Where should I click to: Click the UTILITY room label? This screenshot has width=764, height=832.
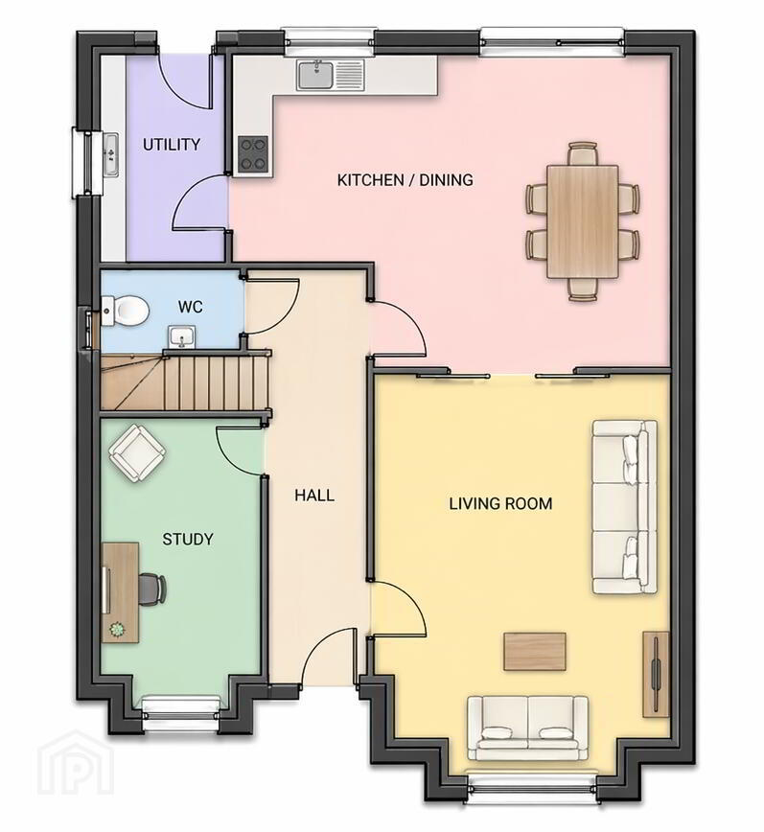[172, 145]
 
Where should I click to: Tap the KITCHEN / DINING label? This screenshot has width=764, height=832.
[405, 180]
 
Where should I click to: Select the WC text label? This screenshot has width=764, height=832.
[191, 307]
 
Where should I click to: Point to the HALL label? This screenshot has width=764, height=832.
[314, 496]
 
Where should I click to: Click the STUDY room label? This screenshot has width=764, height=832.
[188, 539]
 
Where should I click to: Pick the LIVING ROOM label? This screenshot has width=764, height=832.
[500, 503]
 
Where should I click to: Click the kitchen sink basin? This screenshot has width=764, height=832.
[315, 75]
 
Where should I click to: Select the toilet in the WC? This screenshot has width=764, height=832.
[125, 312]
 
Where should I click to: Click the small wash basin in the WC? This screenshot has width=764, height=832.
[182, 337]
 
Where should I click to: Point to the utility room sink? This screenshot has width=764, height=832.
[111, 154]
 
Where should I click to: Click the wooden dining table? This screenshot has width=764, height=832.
[583, 221]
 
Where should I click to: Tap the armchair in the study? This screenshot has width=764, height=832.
[136, 453]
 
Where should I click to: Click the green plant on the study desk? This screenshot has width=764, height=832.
[116, 630]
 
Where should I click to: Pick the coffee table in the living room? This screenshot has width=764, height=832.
[535, 652]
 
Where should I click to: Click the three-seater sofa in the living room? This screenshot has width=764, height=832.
[624, 507]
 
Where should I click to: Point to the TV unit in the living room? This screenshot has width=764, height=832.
[656, 675]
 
